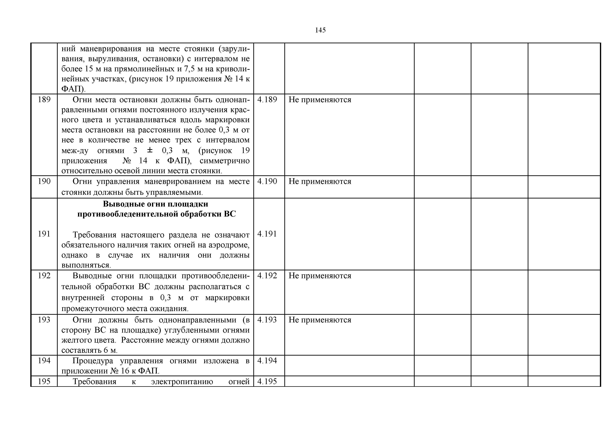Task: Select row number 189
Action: tap(44, 100)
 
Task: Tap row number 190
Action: tap(44, 181)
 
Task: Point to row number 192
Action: tap(44, 276)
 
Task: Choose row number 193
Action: tap(44, 320)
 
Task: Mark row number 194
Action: tap(44, 360)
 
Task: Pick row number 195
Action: tap(44, 381)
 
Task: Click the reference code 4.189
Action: tap(267, 100)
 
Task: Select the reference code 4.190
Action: tap(267, 181)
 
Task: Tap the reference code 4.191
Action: tap(267, 234)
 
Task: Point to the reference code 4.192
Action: tap(267, 276)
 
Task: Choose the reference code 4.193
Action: tap(267, 320)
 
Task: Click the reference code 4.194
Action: tap(267, 360)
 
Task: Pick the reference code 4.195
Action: tap(267, 381)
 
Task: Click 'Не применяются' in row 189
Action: tap(320, 100)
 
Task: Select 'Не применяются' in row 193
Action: tap(320, 320)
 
